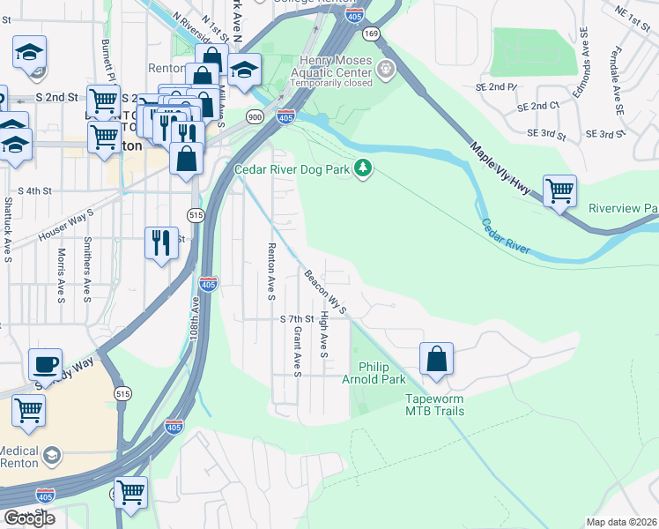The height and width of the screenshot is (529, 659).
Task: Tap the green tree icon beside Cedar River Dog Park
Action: (362, 168)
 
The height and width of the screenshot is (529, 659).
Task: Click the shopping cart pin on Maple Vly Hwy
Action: (559, 190)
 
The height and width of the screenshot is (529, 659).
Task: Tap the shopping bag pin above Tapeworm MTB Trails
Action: (436, 360)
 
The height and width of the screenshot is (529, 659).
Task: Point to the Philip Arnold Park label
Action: (381, 373)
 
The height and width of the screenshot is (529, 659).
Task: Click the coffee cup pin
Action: (45, 363)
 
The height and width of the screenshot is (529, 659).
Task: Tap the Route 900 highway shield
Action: (254, 116)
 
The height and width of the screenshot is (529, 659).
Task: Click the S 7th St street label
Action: (297, 318)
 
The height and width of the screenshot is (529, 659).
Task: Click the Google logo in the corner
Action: (29, 518)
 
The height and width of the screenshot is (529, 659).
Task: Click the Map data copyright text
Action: (622, 522)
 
